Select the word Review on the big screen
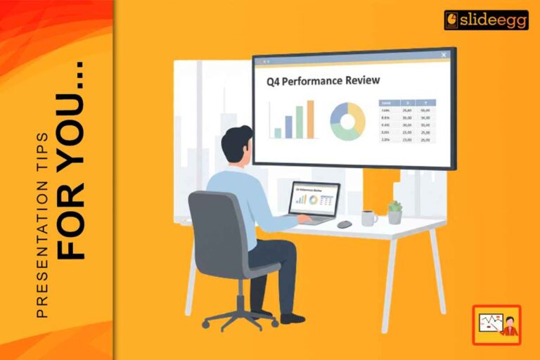362,81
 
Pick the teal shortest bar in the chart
278,132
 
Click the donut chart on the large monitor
348,121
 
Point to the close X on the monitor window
444,55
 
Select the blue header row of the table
407,102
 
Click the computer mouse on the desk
345,224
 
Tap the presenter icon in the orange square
496,324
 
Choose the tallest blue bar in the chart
310,119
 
